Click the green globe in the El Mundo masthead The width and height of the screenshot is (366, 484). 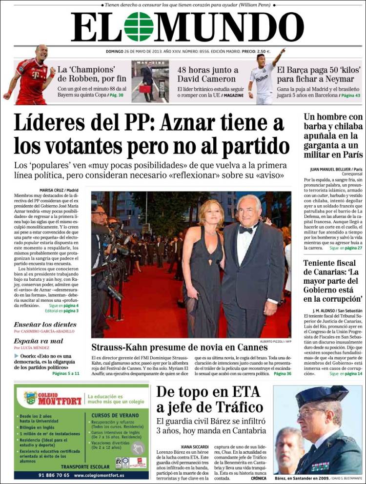point(139,27)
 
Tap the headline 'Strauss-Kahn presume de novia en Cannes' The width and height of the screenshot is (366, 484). point(180,347)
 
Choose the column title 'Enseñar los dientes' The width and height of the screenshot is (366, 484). point(45,325)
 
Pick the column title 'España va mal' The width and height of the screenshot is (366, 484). point(39,341)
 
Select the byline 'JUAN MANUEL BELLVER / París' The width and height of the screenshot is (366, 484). point(336,169)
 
